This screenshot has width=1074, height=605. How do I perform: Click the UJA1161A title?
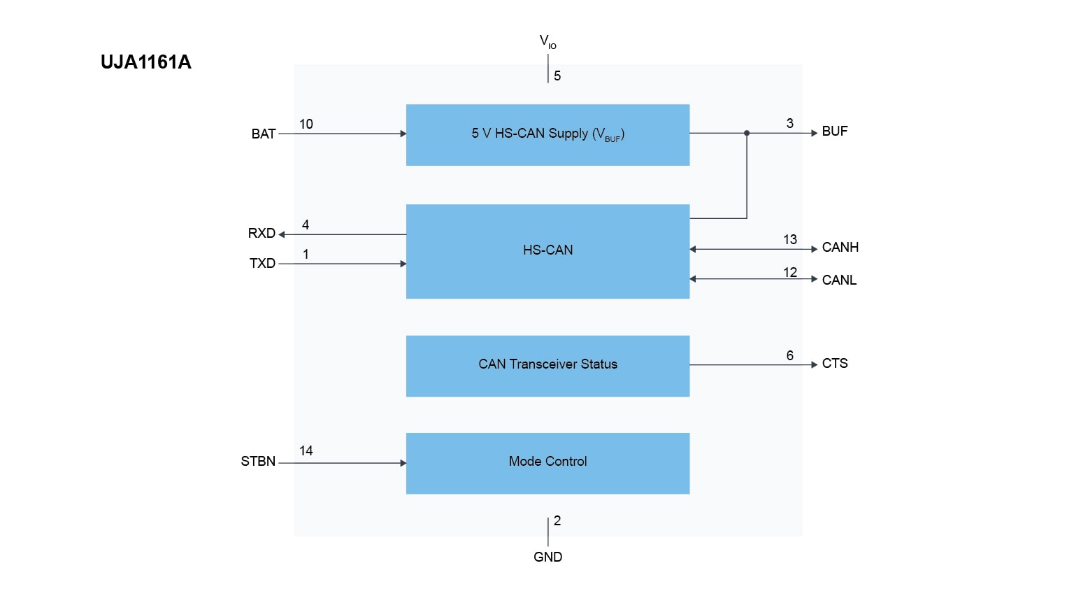pos(145,62)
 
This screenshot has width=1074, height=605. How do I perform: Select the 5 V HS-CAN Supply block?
pos(547,134)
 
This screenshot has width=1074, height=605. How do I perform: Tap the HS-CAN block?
pos(547,250)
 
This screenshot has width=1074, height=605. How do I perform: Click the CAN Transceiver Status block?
pos(547,365)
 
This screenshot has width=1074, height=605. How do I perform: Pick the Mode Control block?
pos(547,462)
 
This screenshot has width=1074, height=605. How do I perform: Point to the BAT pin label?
pos(263,134)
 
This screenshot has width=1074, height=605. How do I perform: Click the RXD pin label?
pos(262,234)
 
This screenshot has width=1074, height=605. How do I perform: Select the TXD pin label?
pos(262,264)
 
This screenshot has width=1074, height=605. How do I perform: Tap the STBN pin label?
pos(258,462)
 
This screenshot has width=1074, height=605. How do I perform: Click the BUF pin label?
pos(834,131)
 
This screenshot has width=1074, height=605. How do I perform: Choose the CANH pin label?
pos(840,248)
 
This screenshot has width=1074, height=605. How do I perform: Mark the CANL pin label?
pos(839,280)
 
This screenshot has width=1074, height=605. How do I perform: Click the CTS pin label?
pos(834,364)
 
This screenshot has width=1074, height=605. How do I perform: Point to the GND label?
pos(547,557)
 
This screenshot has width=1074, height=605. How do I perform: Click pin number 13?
pos(790,240)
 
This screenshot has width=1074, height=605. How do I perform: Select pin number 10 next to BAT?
pos(306,124)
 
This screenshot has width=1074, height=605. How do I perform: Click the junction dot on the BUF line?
pos(747,133)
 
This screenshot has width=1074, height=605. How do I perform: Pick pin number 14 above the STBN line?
pos(306,451)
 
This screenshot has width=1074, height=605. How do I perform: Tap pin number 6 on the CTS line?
pos(790,356)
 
